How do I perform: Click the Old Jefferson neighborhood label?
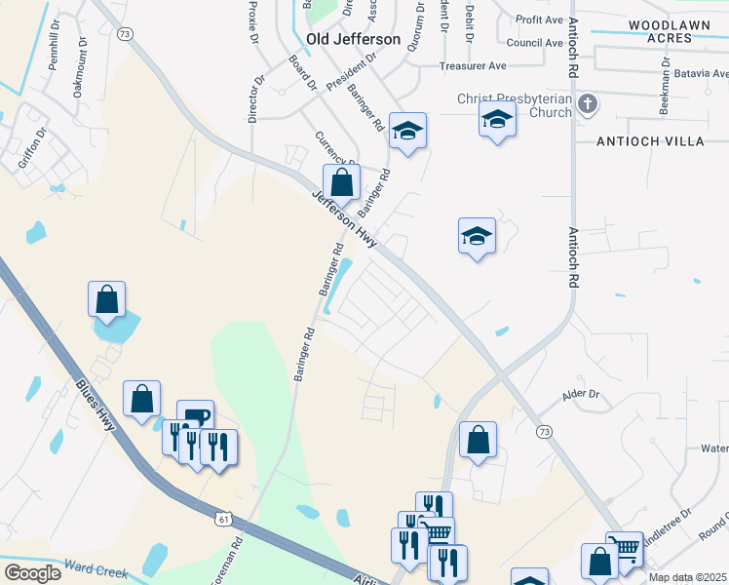point(353,39)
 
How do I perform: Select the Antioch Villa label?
point(650,141)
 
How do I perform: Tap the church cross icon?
point(587,104)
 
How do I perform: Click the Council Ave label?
point(535,43)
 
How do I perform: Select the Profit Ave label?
point(540,19)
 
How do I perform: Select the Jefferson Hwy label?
point(343,220)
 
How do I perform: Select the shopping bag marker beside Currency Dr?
point(341,181)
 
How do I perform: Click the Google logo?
point(32,573)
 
